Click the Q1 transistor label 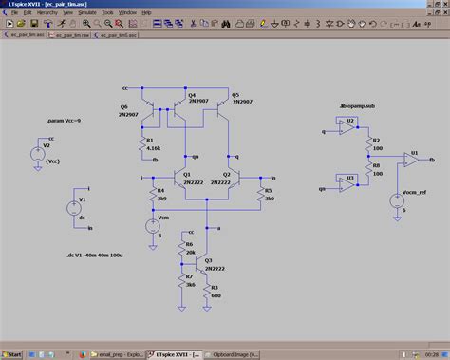tap(188, 174)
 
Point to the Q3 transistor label tap(209, 260)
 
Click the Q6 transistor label tap(124, 106)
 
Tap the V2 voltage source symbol tap(37, 152)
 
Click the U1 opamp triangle tap(412, 161)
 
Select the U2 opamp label tap(350, 122)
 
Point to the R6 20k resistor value tap(191, 252)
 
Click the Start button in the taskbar tap(12, 353)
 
